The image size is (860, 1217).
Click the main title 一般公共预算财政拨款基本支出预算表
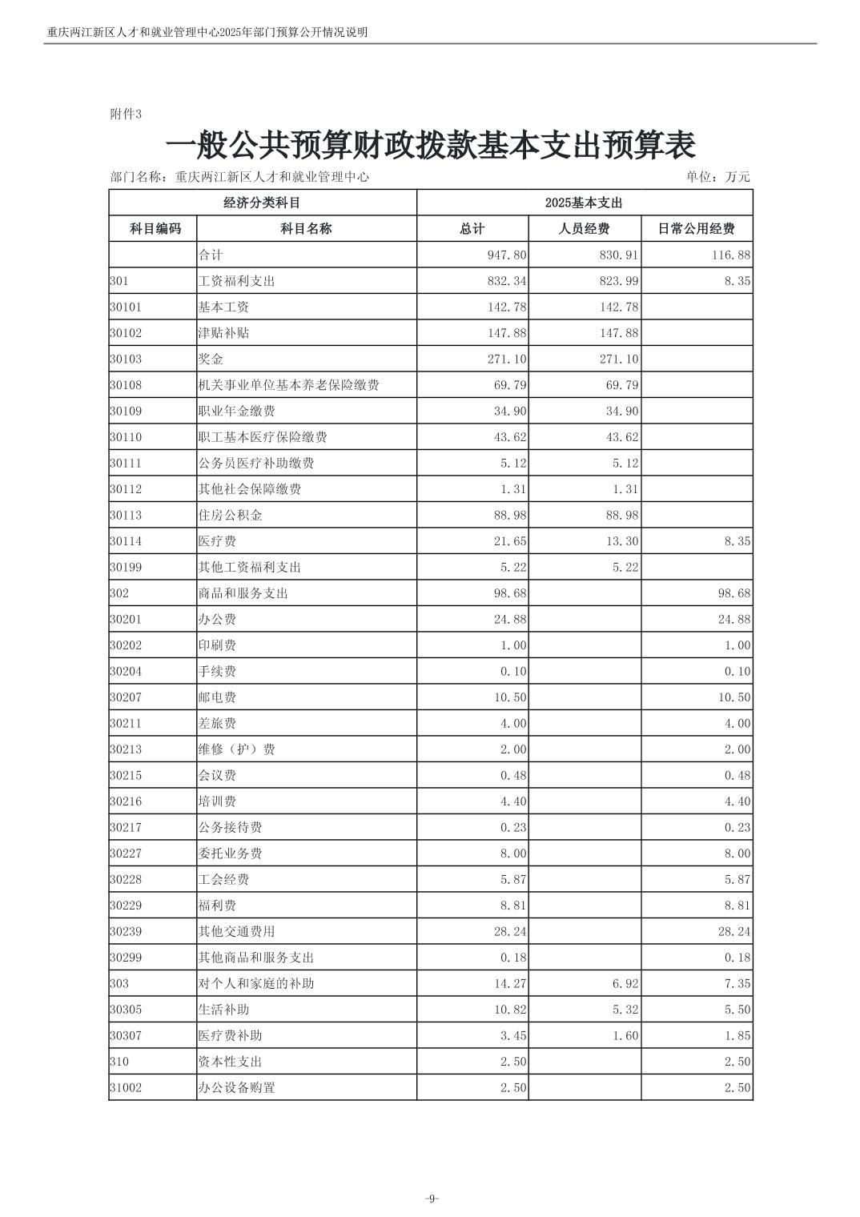pyautogui.click(x=430, y=146)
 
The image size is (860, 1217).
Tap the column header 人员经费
pyautogui.click(x=584, y=229)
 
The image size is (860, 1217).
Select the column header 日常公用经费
pyautogui.click(x=696, y=229)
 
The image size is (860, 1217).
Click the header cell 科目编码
pyautogui.click(x=155, y=229)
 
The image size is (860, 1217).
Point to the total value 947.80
pyautogui.click(x=507, y=255)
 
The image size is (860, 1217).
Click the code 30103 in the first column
pyautogui.click(x=126, y=359)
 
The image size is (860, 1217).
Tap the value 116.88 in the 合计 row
pyautogui.click(x=731, y=255)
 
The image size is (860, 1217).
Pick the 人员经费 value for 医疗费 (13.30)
pyautogui.click(x=621, y=541)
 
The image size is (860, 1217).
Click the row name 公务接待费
pyautogui.click(x=230, y=828)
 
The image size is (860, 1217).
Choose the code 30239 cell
pyautogui.click(x=126, y=932)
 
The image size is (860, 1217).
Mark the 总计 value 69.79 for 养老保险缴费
pyautogui.click(x=510, y=385)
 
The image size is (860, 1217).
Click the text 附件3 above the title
pyautogui.click(x=125, y=114)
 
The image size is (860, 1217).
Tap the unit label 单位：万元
pyautogui.click(x=717, y=177)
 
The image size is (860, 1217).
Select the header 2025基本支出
pyautogui.click(x=584, y=203)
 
